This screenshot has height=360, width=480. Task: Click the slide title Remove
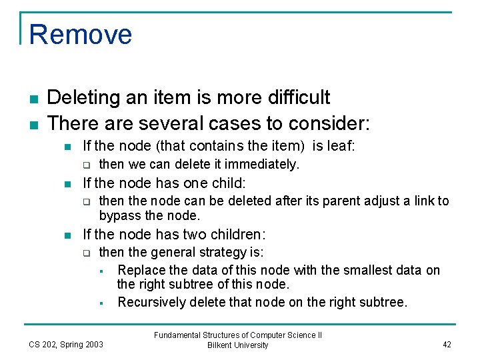(81, 34)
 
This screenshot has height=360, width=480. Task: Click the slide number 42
(446, 344)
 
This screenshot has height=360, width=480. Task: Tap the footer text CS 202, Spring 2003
(66, 344)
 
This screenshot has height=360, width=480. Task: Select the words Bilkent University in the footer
(238, 345)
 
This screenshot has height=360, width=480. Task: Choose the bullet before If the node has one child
(67, 183)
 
